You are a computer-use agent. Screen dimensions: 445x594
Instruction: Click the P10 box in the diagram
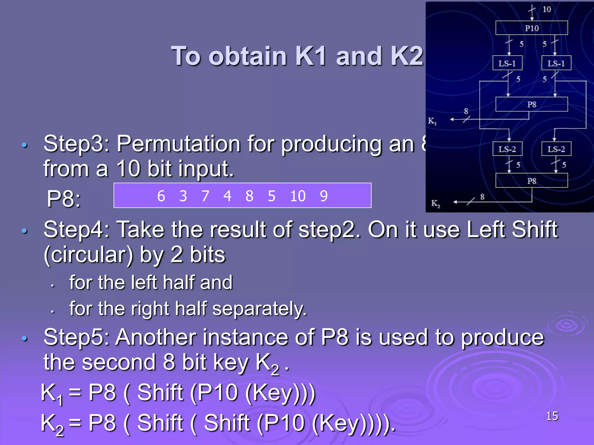tap(531, 28)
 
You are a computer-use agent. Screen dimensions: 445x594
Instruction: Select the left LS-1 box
tap(507, 63)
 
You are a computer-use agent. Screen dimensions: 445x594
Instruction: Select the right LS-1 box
tap(556, 63)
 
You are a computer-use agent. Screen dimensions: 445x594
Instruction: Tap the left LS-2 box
tap(507, 149)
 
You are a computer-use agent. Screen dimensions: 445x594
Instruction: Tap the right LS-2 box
tap(556, 149)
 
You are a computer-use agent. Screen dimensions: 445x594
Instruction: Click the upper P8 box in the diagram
tap(531, 104)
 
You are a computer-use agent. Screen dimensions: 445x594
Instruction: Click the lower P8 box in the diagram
tap(531, 181)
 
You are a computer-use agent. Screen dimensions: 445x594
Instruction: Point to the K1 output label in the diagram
tap(432, 121)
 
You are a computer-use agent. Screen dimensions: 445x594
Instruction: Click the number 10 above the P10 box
tap(547, 9)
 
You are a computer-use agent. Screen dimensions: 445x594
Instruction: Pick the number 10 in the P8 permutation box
tap(298, 196)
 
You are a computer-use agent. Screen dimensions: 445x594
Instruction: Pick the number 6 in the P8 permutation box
tap(161, 196)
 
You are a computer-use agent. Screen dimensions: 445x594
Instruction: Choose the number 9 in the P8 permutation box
tap(324, 196)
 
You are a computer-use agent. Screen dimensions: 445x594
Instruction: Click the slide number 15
tap(552, 416)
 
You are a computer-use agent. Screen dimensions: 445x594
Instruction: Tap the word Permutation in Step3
tap(178, 144)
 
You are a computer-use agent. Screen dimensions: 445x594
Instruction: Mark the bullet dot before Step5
tap(25, 338)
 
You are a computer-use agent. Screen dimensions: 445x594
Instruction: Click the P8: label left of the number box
tap(64, 199)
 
